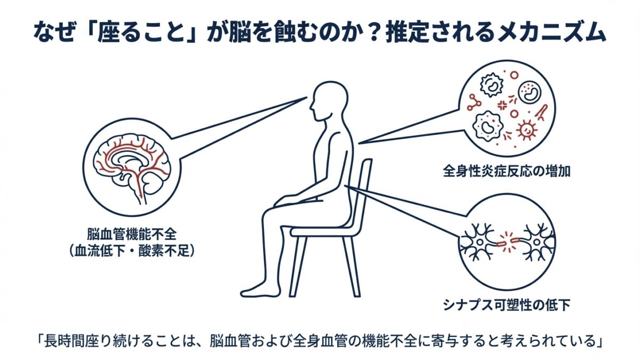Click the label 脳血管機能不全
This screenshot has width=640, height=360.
(x=132, y=234)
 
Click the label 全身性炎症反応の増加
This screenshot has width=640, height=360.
(x=507, y=171)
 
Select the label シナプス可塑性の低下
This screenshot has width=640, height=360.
(x=507, y=305)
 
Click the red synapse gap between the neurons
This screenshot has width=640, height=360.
(x=508, y=243)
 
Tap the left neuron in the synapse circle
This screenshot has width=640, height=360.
(x=478, y=243)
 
